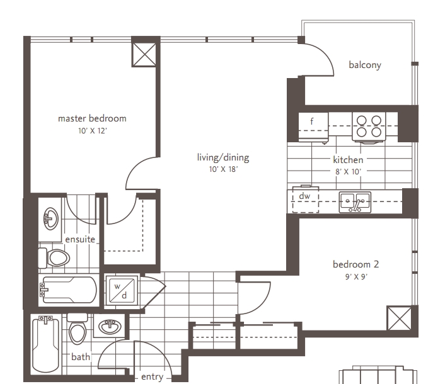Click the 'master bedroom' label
coord(92,118)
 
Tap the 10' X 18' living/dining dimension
coord(223,169)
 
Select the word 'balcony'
coord(365,65)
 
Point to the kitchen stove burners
coord(369,127)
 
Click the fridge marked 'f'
coord(313,127)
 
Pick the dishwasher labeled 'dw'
coord(306,200)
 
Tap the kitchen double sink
coord(355,202)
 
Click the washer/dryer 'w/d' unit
coord(122,290)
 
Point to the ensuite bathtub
coord(68,290)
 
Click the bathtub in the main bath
coord(45,345)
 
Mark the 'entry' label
coord(152,377)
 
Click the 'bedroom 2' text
coord(355,264)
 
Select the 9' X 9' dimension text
coord(356,276)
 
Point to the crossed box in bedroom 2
coord(399,318)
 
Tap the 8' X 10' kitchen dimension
coord(348,172)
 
